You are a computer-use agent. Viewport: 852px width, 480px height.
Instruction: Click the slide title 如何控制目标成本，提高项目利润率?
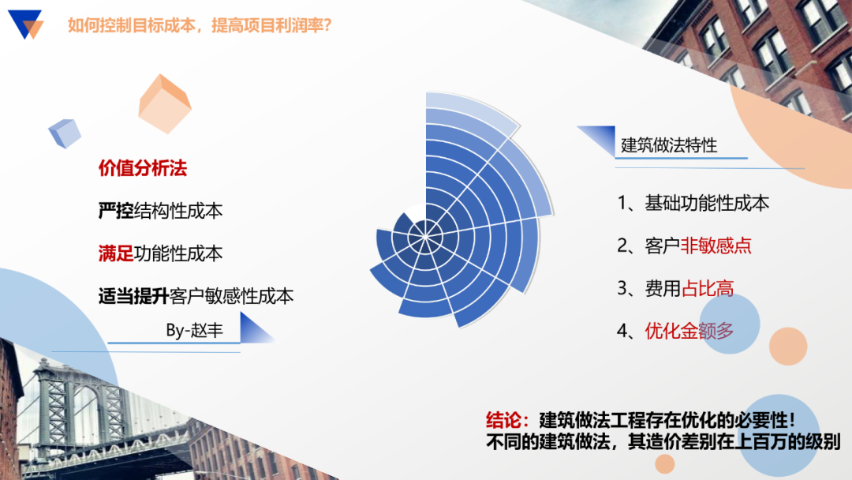(200, 25)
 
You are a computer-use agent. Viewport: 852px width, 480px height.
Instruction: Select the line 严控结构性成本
(160, 211)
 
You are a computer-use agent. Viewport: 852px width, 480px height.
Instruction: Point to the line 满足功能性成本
(160, 253)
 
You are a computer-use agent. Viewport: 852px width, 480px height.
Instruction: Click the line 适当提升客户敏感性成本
(196, 296)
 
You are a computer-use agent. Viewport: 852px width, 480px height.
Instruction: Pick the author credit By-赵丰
(194, 330)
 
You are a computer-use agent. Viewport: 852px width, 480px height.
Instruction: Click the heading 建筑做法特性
(669, 145)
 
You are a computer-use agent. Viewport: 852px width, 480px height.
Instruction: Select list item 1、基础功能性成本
(693, 203)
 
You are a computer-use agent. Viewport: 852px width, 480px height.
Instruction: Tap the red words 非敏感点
(716, 246)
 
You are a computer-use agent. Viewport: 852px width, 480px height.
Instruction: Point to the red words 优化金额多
(689, 330)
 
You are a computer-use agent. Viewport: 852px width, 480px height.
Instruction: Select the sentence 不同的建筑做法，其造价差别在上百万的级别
(663, 442)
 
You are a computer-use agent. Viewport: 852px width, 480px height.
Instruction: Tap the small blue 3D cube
(65, 133)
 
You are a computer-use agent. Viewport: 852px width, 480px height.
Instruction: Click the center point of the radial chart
(426, 231)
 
